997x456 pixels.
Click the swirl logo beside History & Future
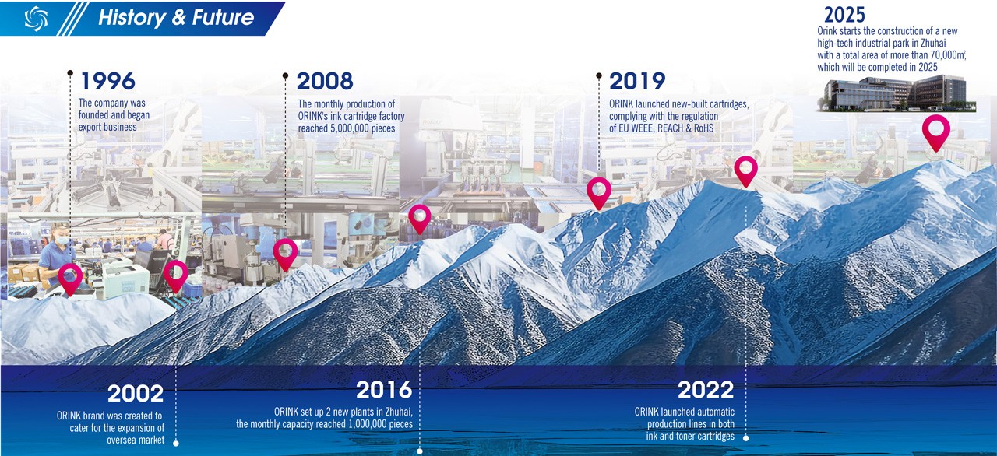[36, 19]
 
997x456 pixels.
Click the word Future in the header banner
[223, 18]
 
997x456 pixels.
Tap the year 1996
[108, 81]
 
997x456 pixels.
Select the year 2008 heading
[325, 81]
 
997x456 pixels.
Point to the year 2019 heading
[637, 81]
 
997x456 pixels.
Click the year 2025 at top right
[844, 15]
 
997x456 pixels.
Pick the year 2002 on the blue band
[136, 393]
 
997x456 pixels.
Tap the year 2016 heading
[384, 389]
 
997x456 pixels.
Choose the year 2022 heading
[706, 389]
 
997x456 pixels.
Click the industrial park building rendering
[897, 94]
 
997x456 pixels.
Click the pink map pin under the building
[936, 132]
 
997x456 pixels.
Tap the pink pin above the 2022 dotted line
[746, 170]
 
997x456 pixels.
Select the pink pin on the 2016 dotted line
[420, 219]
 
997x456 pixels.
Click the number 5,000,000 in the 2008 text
[363, 128]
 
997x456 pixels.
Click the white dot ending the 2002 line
[176, 443]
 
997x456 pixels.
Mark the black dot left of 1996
[70, 73]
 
